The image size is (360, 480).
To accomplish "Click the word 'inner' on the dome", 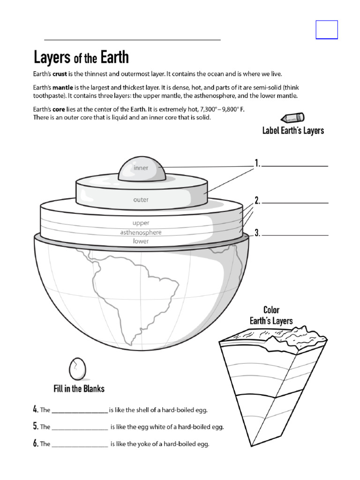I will [x=141, y=168].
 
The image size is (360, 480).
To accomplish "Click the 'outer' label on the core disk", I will [x=141, y=200].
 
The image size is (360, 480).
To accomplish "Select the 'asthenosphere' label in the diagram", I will [x=141, y=232].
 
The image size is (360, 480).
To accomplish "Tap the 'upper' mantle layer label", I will [x=141, y=223].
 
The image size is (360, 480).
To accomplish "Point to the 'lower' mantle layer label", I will [x=141, y=241].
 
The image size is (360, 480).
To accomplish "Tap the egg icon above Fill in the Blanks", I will [x=77, y=369].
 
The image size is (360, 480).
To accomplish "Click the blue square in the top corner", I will [x=327, y=30].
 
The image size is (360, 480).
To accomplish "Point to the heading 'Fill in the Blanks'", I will [x=79, y=389].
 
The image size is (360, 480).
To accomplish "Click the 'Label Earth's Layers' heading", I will [x=293, y=131].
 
